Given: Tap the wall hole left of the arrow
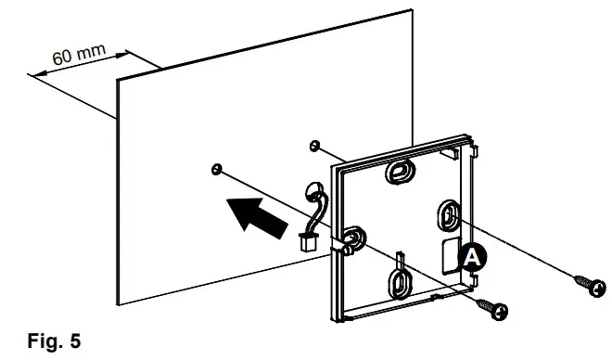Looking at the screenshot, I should (x=215, y=168).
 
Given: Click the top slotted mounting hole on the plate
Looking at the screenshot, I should (x=402, y=171).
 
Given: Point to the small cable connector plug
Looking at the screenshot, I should (x=305, y=244).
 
